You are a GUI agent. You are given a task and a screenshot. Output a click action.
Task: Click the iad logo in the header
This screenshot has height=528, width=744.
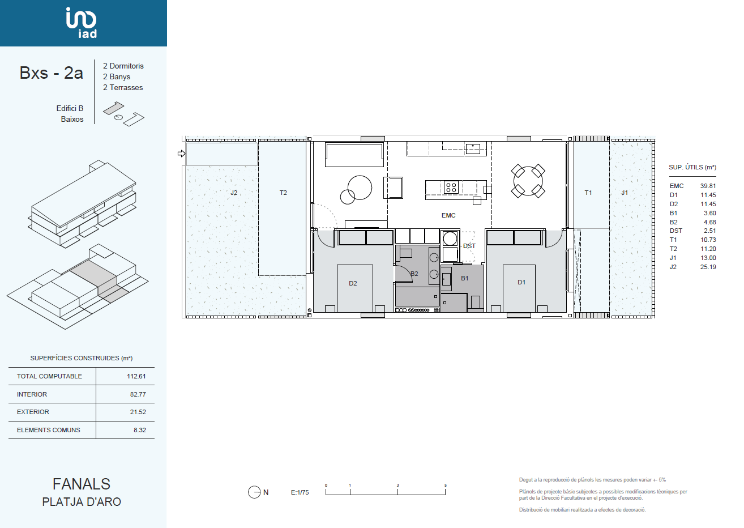pos(82,23)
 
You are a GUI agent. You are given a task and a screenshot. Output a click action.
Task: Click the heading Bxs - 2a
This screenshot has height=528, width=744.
pos(51,73)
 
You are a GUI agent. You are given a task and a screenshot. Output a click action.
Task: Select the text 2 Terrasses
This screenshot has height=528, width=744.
pos(123,87)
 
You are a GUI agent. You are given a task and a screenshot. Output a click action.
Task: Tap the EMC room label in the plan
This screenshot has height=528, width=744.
pos(448,215)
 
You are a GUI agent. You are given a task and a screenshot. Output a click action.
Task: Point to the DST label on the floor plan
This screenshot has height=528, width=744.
pos(469,246)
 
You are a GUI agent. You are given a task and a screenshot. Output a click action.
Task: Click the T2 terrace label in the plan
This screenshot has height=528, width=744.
pos(283,193)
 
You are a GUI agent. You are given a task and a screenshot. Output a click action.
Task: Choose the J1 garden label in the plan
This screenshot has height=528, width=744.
pos(625,193)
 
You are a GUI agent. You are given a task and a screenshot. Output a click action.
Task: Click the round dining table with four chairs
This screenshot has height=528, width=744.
pos(528,181)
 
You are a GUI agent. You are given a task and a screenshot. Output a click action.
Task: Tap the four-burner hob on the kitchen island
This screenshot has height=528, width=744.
pos(451,187)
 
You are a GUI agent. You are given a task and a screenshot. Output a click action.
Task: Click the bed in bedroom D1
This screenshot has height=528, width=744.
pos(519,288)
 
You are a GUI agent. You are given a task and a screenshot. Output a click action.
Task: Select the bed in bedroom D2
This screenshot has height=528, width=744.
pos(354,288)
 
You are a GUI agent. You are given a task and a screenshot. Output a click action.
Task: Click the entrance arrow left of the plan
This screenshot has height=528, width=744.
pos(181,154)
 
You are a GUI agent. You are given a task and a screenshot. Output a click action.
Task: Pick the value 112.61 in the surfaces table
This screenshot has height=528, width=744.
pos(136,376)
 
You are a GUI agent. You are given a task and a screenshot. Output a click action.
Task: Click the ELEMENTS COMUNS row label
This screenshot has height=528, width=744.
pos(49,430)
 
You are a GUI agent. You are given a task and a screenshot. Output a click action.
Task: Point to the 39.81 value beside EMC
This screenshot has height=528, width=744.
pos(708,186)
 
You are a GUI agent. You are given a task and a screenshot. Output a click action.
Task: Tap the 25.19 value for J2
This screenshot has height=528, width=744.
pos(708,267)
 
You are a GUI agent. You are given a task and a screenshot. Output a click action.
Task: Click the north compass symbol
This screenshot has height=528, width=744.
pos(254,492)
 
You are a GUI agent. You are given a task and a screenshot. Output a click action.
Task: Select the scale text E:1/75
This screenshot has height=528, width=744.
pos(300,492)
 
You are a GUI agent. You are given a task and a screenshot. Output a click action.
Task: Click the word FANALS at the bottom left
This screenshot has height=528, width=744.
pos(82,484)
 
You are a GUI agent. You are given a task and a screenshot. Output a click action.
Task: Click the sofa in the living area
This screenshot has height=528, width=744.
pos(354,155)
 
